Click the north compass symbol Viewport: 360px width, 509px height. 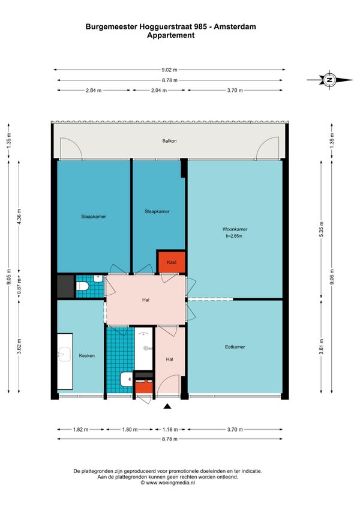coord(329,79)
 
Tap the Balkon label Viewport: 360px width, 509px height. coord(169,141)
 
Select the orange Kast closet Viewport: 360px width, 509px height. coord(172,262)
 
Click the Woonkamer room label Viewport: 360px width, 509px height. coord(235,229)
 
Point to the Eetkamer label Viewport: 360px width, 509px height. coord(235,347)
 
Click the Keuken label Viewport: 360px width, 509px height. coord(86,356)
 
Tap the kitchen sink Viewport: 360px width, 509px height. coord(65,354)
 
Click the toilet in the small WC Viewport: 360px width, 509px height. coord(82,286)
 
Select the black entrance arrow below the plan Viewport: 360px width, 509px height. coord(167,406)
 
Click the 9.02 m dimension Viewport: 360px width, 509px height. coord(169,70)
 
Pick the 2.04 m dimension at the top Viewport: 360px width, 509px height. coord(159,91)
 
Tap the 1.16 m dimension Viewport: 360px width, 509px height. coord(170,430)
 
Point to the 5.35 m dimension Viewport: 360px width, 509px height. coord(322,229)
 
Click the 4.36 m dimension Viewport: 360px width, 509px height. coord(19,217)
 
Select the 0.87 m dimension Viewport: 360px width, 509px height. coord(19,286)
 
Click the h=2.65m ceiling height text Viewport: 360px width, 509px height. coord(234,236)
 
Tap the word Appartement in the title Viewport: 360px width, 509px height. coord(171,35)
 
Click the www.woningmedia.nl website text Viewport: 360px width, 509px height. coord(170,483)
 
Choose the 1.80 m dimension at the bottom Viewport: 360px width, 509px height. coord(130,430)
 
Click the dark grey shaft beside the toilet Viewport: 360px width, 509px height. coord(65,286)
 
